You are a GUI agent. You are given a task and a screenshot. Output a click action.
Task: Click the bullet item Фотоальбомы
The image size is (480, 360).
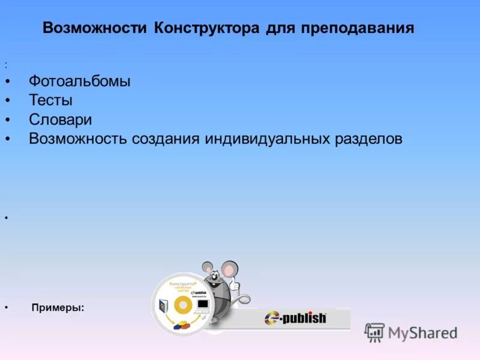pos(79,81)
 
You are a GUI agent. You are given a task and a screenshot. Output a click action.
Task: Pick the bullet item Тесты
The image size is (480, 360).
pos(50,100)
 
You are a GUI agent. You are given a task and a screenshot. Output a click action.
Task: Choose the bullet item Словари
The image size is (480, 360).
pos(60,119)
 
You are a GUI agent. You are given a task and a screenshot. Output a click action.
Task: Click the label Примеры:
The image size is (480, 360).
pos(58,307)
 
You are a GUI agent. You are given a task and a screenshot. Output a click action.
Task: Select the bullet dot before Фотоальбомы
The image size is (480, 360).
pos(7,82)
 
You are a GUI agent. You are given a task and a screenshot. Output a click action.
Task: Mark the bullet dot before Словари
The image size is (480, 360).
pos(7,120)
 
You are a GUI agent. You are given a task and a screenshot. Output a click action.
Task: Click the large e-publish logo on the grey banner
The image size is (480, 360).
pos(295,317)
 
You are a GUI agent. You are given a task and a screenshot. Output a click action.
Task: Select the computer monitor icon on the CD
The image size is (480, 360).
pos(203,304)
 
